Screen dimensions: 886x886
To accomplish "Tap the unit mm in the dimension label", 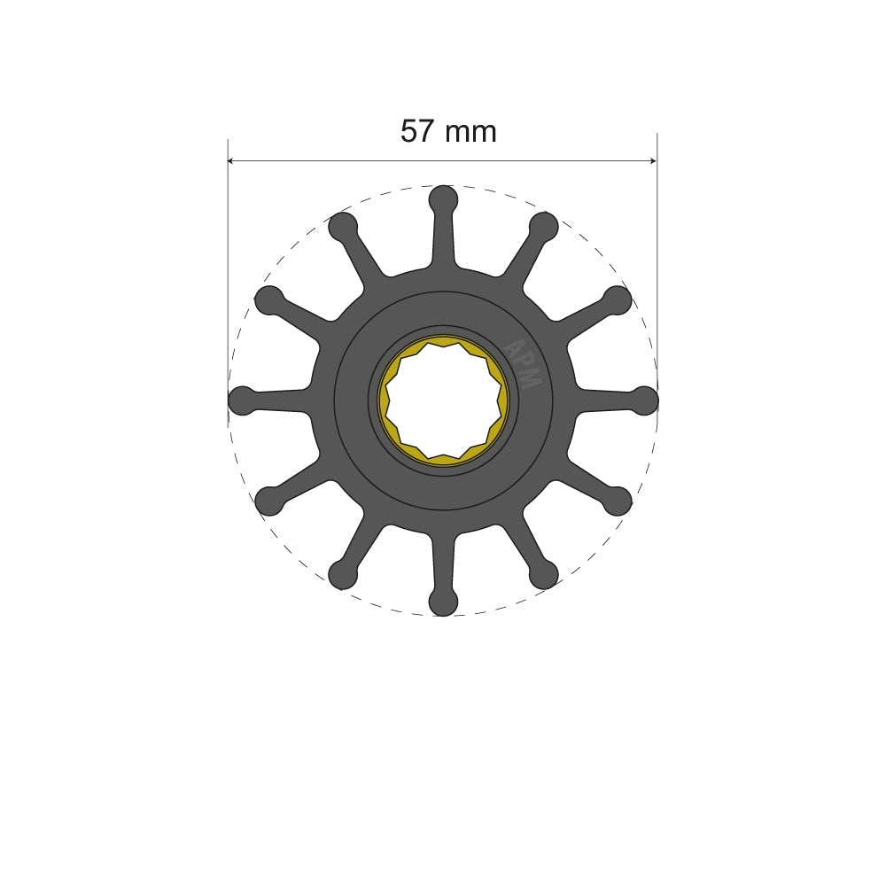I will (x=470, y=132).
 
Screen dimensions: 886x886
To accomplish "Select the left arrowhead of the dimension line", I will (x=233, y=161).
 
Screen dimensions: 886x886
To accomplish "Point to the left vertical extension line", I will (x=229, y=266).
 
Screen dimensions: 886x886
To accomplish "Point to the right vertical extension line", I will (x=657, y=266).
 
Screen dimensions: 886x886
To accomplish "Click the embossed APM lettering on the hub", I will (x=524, y=363).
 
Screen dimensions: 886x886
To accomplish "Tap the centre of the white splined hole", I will (x=443, y=401).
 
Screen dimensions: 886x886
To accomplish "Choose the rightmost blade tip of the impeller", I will (x=645, y=400).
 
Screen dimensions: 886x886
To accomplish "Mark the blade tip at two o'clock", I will (x=618, y=299).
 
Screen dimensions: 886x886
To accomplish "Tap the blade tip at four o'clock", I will (x=618, y=501).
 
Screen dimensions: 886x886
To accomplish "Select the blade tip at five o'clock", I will (x=544, y=575).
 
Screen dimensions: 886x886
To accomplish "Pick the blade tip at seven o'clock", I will (x=342, y=575).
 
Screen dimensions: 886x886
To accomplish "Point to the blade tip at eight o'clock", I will (x=268, y=501).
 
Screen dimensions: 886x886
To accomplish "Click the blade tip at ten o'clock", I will (x=268, y=299).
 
